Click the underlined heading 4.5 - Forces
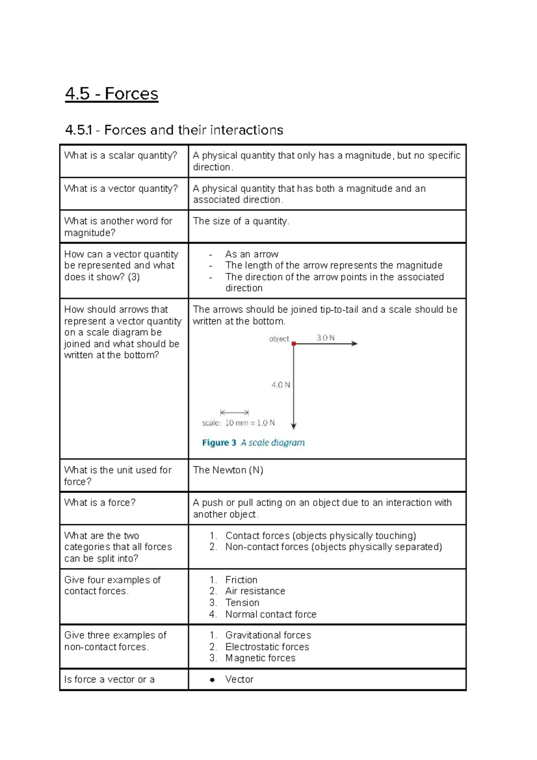click(x=111, y=94)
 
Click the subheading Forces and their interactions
click(x=174, y=130)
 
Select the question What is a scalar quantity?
click(x=121, y=156)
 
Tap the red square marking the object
click(x=294, y=344)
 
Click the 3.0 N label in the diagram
click(x=325, y=338)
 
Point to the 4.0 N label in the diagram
click(x=281, y=385)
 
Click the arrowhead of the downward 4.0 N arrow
click(x=294, y=426)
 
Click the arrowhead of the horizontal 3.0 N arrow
click(x=354, y=344)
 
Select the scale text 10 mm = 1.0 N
click(x=249, y=423)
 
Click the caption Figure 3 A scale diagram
click(x=253, y=443)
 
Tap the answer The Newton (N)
click(x=228, y=470)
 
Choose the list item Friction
click(x=241, y=580)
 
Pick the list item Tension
click(x=242, y=602)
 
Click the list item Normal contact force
click(x=271, y=614)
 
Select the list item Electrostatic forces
click(x=267, y=647)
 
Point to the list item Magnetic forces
click(x=260, y=658)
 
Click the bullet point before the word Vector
click(x=213, y=680)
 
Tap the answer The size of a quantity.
click(x=241, y=221)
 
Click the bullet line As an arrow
click(x=251, y=254)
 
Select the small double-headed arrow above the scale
click(x=234, y=412)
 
